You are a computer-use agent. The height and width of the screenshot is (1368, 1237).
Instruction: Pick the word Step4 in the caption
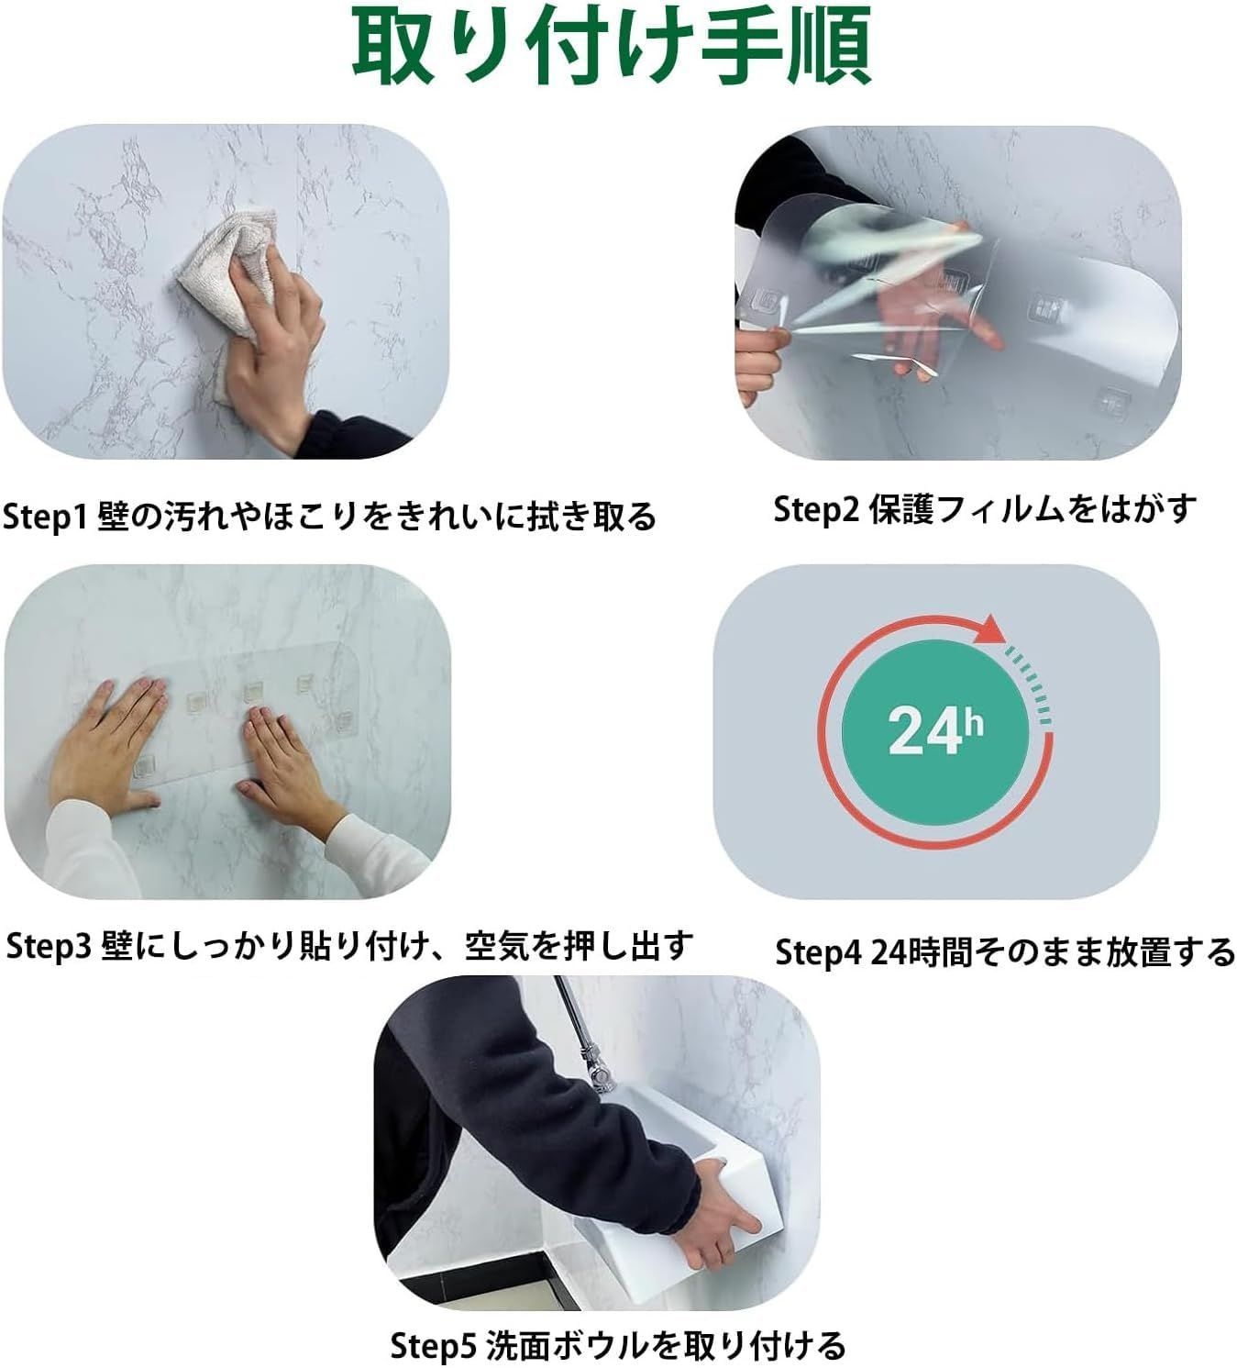[819, 952]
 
